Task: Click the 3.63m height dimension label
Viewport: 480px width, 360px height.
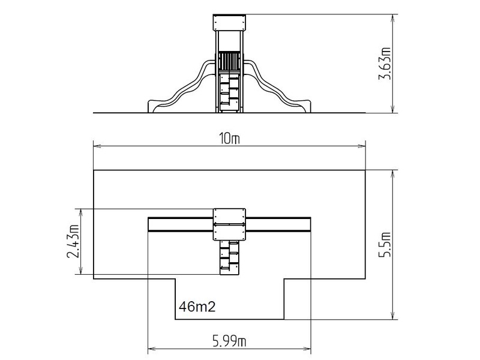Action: (x=385, y=64)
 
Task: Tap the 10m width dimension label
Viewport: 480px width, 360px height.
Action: (x=230, y=139)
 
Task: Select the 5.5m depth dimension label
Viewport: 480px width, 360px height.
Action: (x=385, y=245)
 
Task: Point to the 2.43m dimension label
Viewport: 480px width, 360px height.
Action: (x=73, y=242)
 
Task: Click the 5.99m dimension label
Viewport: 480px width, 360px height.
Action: (x=230, y=341)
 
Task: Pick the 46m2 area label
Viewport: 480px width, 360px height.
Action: (x=197, y=307)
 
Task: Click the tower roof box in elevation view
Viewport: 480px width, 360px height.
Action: (x=230, y=23)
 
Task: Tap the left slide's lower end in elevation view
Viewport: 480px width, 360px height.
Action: (x=152, y=106)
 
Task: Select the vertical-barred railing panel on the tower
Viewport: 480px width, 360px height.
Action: (x=229, y=61)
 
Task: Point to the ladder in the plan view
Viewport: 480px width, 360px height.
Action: (x=229, y=257)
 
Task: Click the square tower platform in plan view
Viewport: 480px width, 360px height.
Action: (x=230, y=224)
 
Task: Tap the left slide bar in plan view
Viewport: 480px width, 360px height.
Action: (x=181, y=224)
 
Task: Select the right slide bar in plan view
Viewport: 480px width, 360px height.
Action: (x=278, y=224)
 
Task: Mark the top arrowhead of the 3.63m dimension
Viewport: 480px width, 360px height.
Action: (x=393, y=19)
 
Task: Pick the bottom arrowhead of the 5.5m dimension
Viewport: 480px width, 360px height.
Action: (x=393, y=316)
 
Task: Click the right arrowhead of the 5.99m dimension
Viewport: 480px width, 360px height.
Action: (x=307, y=349)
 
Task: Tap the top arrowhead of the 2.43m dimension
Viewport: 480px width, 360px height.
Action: (x=81, y=213)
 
